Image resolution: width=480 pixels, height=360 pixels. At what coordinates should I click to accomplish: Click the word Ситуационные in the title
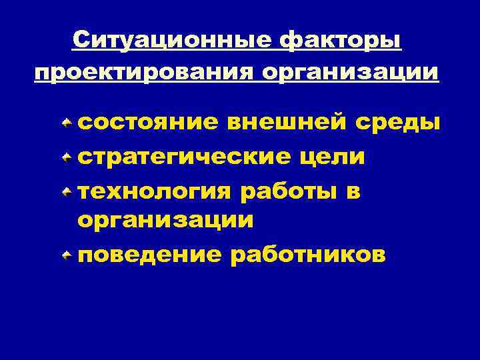tap(171, 41)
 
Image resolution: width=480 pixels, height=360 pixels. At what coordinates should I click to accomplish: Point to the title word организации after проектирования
tap(350, 72)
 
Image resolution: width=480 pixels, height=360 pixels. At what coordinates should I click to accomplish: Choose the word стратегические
tap(185, 157)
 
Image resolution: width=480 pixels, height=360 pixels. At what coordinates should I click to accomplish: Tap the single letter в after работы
tap(353, 192)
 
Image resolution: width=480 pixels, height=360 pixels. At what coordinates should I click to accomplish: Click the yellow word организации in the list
tap(165, 220)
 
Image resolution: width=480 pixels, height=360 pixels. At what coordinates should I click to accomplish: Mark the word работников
tap(307, 255)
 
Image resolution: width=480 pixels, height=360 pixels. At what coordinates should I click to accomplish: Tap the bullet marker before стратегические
tap(67, 157)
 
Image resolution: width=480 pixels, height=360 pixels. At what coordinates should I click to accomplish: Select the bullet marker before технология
tap(67, 192)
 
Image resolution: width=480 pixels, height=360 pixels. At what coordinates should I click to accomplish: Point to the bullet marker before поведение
tap(67, 255)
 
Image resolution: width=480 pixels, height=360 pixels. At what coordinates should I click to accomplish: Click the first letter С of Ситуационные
tap(82, 41)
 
